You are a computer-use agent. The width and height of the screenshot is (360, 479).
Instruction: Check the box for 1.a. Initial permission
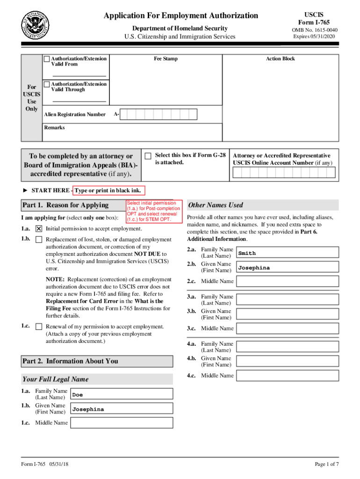click(39, 229)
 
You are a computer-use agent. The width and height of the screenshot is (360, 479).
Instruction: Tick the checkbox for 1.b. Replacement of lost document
click(39, 239)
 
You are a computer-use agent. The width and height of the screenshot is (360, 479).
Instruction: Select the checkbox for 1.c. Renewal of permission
click(39, 327)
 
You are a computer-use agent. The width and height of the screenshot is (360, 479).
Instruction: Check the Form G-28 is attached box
click(148, 156)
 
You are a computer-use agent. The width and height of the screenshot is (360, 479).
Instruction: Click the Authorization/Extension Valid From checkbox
click(47, 59)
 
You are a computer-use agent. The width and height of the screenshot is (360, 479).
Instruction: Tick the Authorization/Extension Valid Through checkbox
click(47, 84)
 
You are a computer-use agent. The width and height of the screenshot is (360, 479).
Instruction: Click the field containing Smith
click(287, 253)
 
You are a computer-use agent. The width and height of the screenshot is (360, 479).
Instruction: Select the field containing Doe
click(122, 394)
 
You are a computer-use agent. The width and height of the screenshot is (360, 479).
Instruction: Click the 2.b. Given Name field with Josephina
click(287, 268)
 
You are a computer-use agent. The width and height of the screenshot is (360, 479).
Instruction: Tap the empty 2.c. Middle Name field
click(287, 281)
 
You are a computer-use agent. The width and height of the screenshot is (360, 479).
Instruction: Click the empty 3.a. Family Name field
click(287, 300)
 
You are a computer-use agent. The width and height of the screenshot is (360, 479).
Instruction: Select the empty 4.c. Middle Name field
click(287, 376)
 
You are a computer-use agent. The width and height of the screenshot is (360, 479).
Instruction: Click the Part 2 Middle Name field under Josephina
click(122, 423)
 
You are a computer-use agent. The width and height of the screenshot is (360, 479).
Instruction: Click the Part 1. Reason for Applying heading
click(65, 205)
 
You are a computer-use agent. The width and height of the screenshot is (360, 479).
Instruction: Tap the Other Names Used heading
click(216, 205)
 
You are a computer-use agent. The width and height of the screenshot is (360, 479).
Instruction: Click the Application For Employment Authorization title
click(181, 16)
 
